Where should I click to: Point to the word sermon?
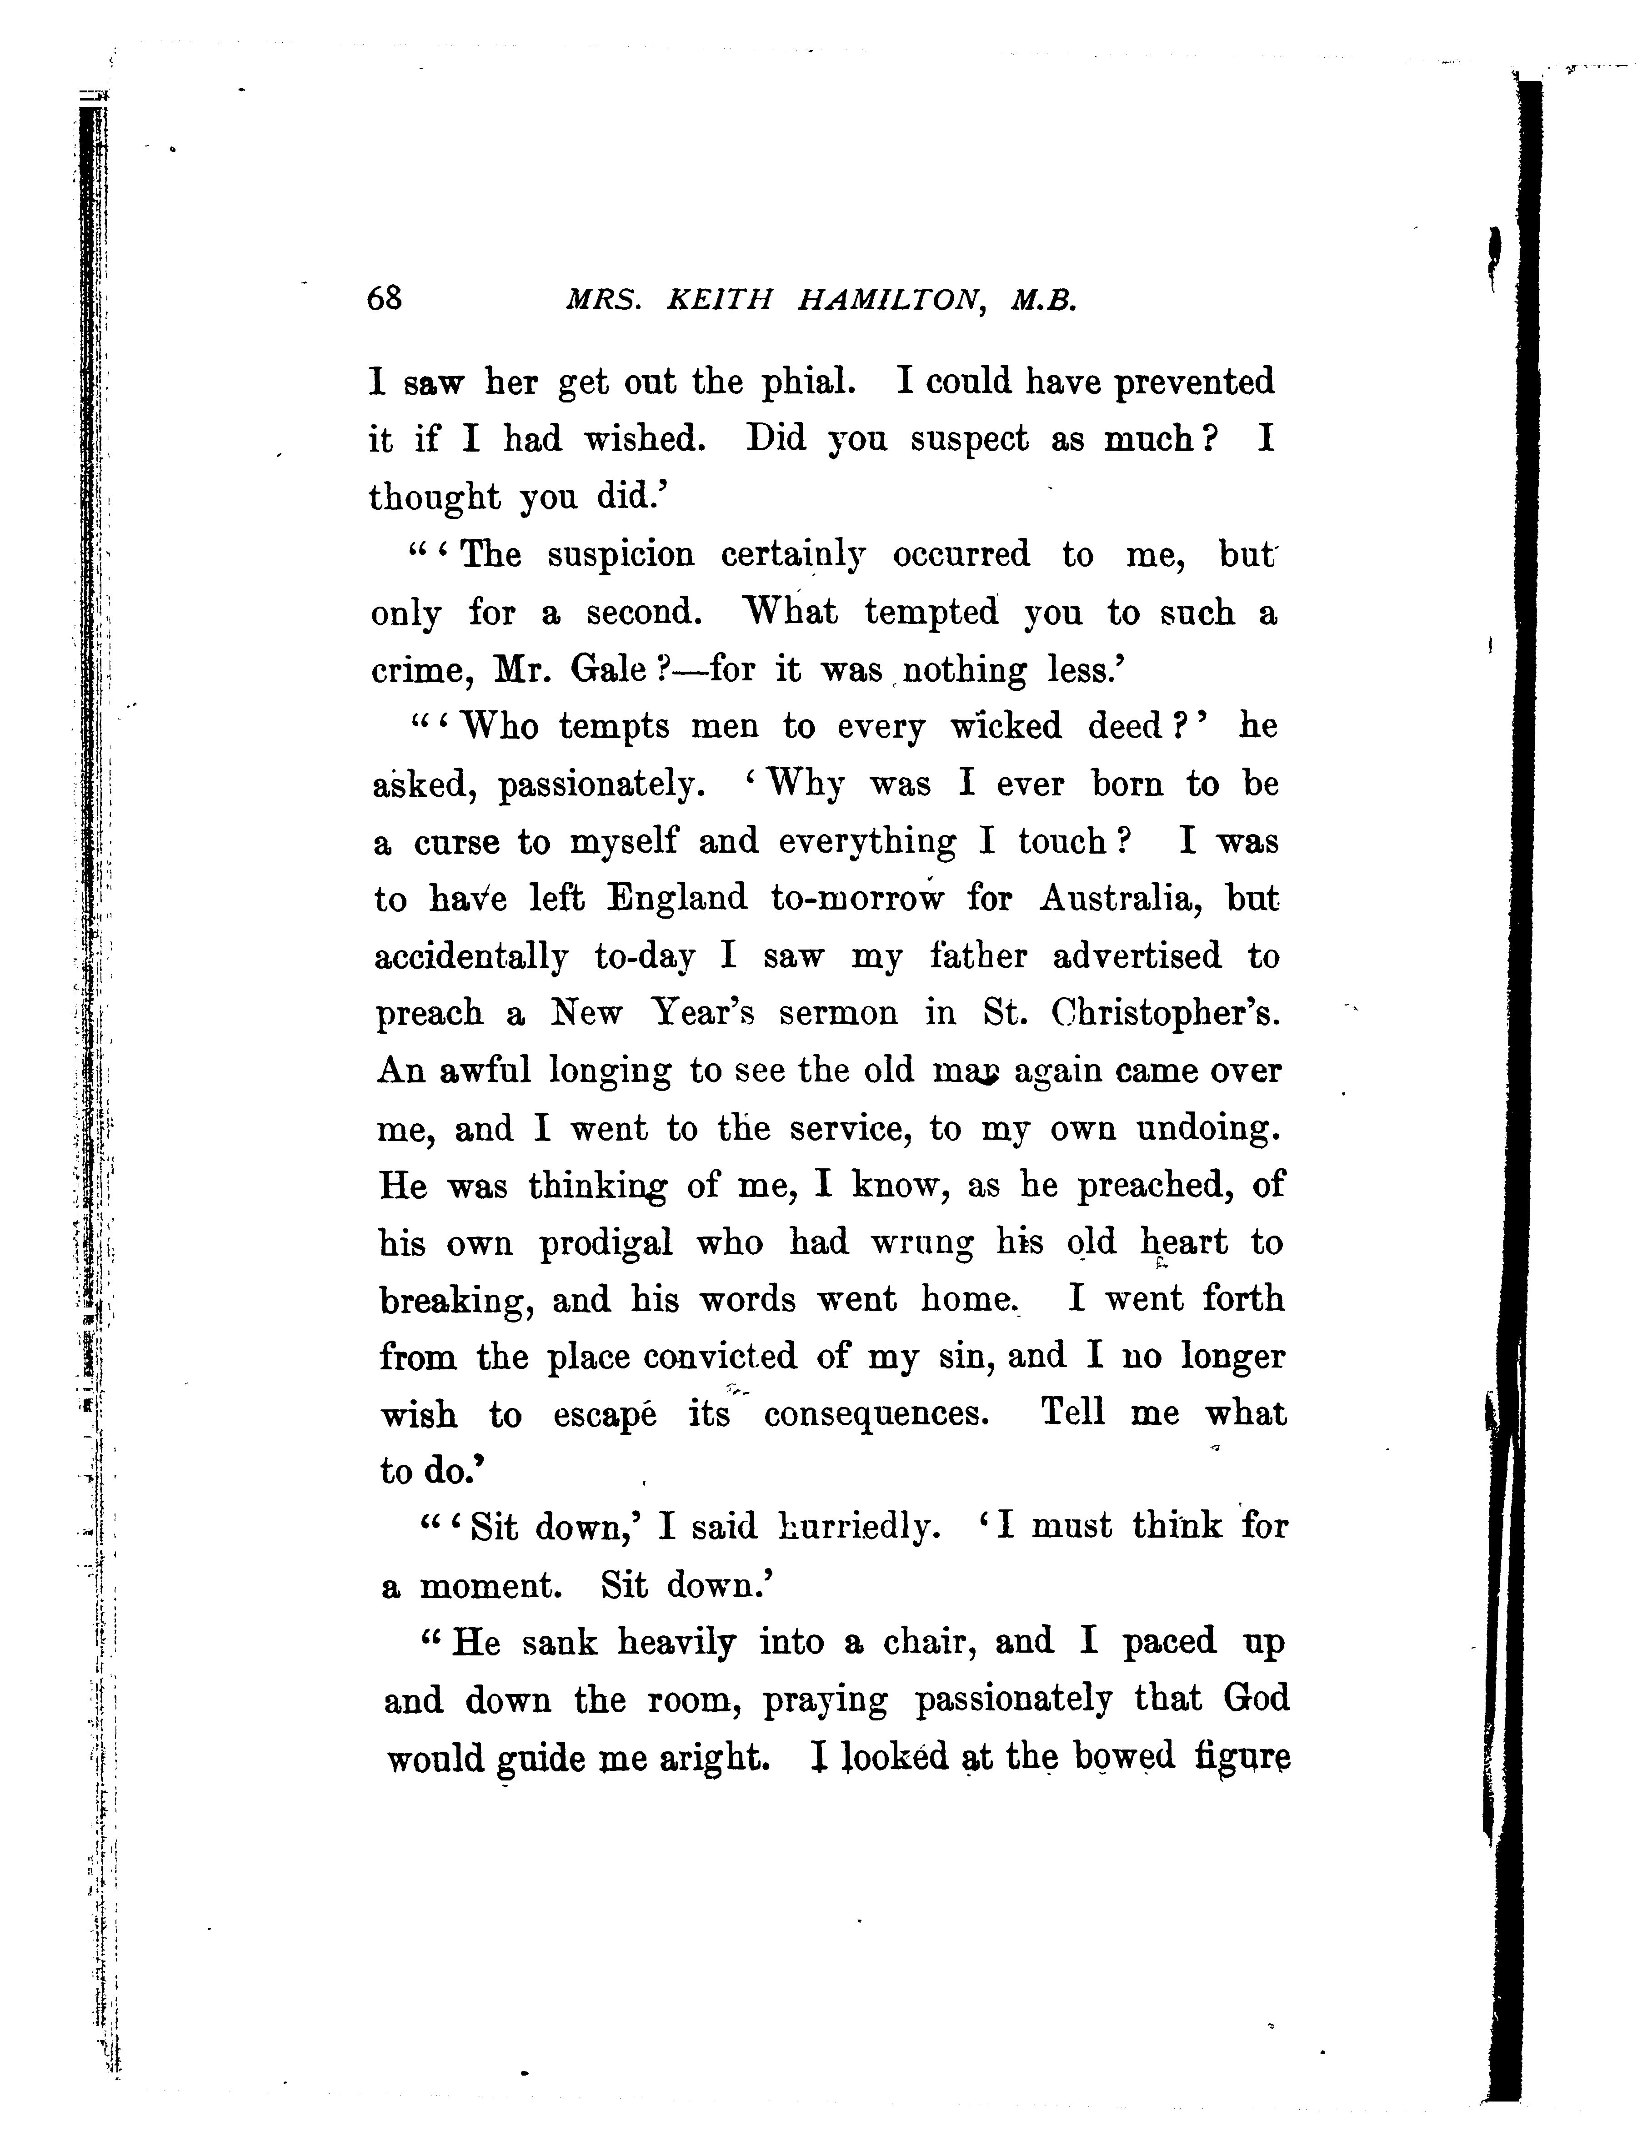[x=838, y=1014]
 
